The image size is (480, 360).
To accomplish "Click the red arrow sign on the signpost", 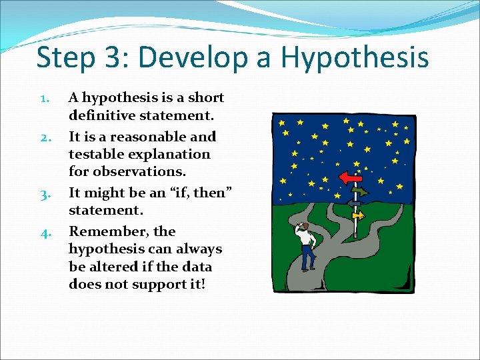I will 349,178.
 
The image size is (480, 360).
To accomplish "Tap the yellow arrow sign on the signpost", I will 359,215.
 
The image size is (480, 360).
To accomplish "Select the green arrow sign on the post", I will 359,192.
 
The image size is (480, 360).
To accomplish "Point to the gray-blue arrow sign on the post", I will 353,204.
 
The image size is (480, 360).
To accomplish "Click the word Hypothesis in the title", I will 355,57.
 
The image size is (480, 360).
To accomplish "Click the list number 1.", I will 43,99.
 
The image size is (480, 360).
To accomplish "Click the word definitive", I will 101,115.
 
